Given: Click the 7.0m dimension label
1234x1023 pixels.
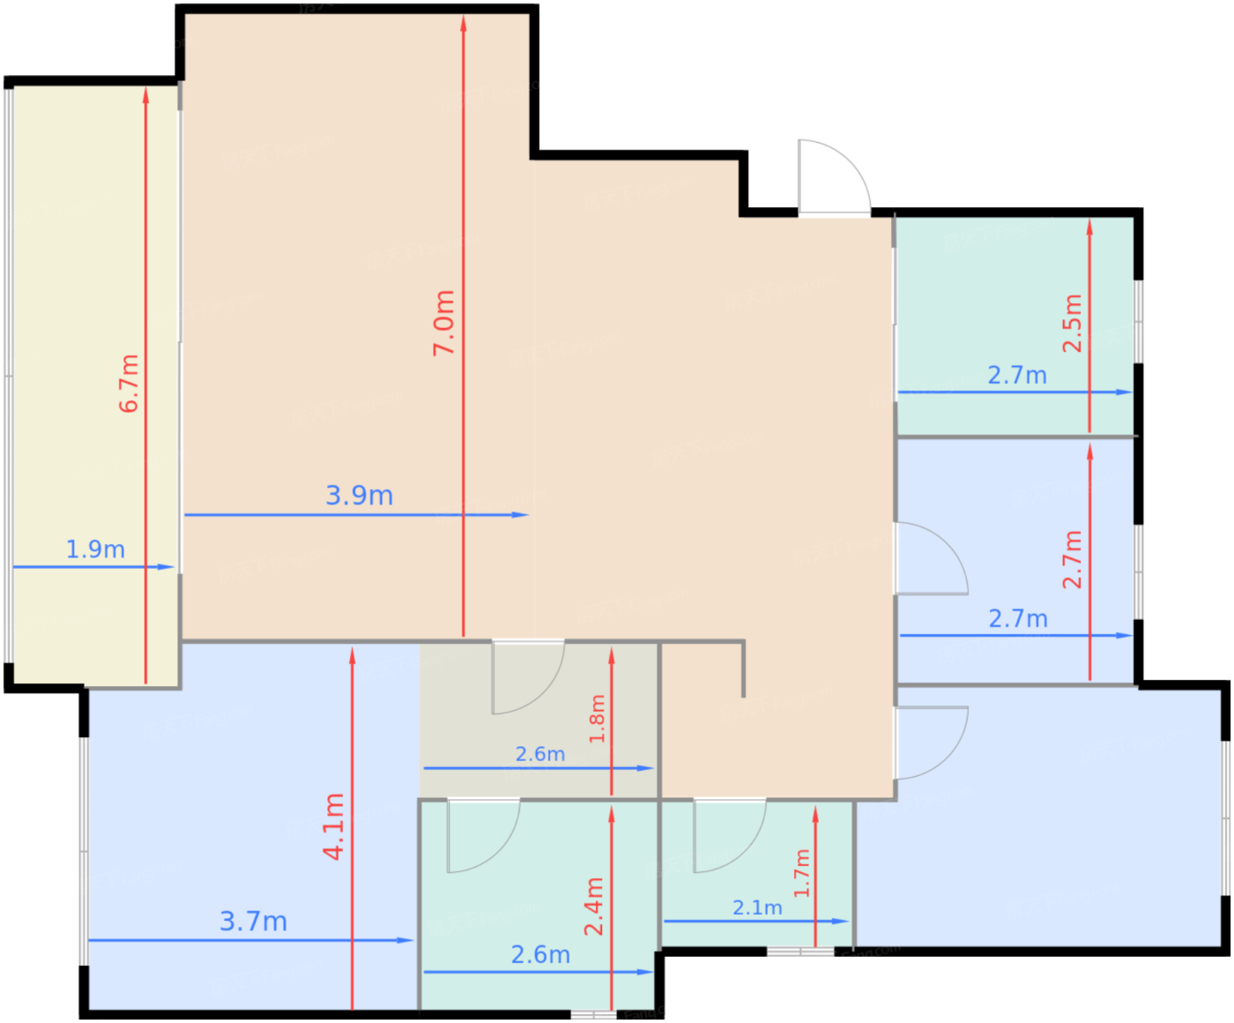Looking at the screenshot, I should (444, 323).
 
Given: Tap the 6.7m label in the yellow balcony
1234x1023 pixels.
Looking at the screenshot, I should (129, 384).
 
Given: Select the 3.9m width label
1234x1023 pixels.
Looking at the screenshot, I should (359, 495).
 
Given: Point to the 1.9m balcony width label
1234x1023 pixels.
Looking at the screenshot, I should (95, 549).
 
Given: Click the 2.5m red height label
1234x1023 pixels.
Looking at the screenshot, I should (1072, 324).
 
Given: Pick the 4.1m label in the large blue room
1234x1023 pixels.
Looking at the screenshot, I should (333, 826).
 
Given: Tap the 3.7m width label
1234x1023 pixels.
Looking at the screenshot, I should (253, 922).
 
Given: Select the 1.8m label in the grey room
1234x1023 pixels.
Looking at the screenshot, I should (597, 719).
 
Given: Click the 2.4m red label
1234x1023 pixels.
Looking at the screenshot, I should (594, 907).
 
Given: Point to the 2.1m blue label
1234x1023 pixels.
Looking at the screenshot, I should (757, 907).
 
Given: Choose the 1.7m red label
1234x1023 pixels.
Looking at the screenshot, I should (801, 873).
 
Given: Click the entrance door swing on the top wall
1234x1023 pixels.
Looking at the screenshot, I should (833, 176).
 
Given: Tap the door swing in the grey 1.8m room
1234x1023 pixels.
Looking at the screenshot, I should (527, 677).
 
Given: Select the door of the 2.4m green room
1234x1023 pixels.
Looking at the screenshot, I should (482, 836).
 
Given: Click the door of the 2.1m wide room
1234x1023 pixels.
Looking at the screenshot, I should (728, 836).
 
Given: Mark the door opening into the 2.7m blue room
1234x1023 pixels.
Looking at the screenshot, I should (931, 558).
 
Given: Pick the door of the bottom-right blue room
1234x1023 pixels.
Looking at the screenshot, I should (931, 743).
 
